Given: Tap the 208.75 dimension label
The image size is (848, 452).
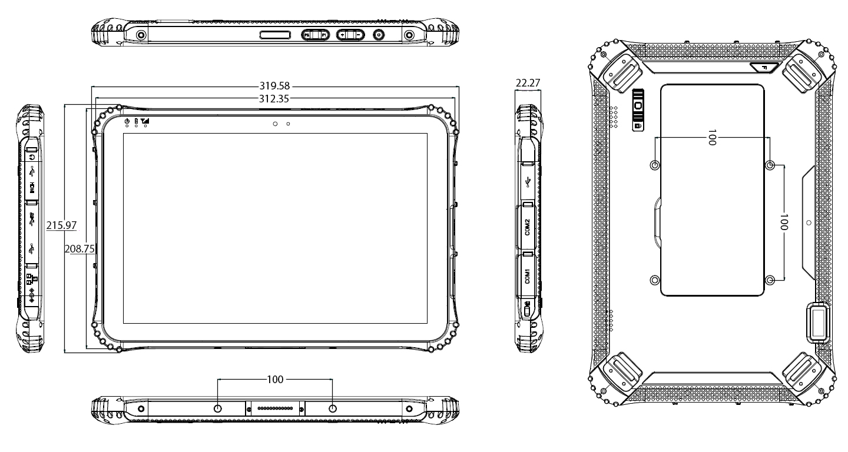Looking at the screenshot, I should [79, 249].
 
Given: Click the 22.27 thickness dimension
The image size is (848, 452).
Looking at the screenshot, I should [528, 83].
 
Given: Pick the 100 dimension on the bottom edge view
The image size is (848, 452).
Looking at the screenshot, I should [275, 379].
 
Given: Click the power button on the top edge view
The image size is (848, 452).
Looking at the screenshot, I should [378, 36].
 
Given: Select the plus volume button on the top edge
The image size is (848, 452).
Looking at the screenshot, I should [342, 36].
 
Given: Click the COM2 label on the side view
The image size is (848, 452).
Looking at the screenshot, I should [528, 227].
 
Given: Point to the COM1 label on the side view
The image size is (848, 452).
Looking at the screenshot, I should [528, 276].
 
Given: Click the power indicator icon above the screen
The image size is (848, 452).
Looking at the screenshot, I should [127, 121].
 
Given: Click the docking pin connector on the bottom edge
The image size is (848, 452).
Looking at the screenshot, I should [275, 407].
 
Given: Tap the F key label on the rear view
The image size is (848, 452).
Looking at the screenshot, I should [764, 68].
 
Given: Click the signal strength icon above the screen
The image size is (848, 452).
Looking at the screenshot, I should [145, 121].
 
